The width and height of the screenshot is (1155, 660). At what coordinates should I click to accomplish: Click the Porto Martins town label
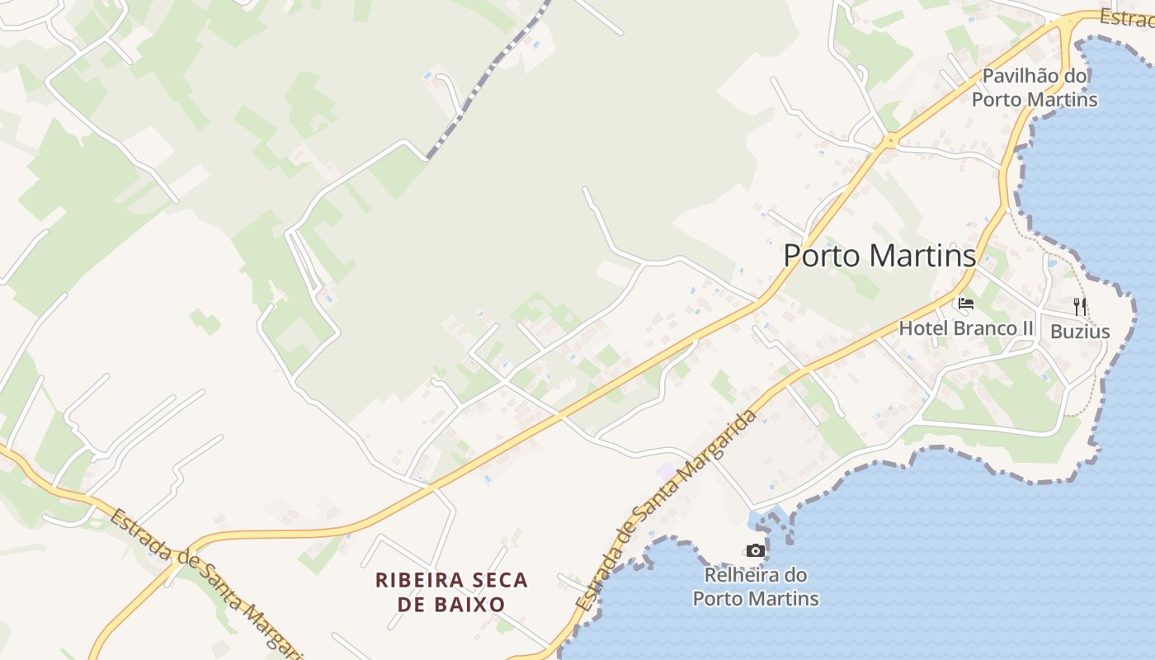click(879, 256)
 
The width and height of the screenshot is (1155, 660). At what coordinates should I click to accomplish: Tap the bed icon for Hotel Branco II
click(965, 304)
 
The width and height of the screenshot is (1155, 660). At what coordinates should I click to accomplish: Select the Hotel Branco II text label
click(965, 328)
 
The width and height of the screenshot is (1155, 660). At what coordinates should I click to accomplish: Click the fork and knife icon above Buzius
click(1080, 306)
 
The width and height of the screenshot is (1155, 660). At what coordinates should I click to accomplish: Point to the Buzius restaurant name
click(1080, 332)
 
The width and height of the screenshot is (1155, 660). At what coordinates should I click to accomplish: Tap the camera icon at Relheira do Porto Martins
click(755, 550)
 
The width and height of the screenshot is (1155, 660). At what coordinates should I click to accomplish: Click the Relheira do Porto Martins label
click(755, 587)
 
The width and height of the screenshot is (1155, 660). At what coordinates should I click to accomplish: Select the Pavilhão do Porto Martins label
click(1035, 88)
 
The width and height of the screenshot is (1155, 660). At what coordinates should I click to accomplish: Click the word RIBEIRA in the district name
click(415, 580)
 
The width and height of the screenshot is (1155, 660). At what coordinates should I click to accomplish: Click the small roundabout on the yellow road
click(889, 141)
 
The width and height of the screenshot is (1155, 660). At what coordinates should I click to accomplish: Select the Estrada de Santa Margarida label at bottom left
click(206, 582)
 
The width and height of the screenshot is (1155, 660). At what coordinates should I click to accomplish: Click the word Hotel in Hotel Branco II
click(923, 328)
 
